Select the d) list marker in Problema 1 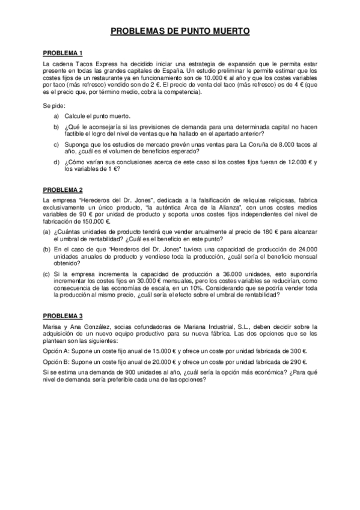coord(56,163)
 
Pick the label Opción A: coord(56,350)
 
